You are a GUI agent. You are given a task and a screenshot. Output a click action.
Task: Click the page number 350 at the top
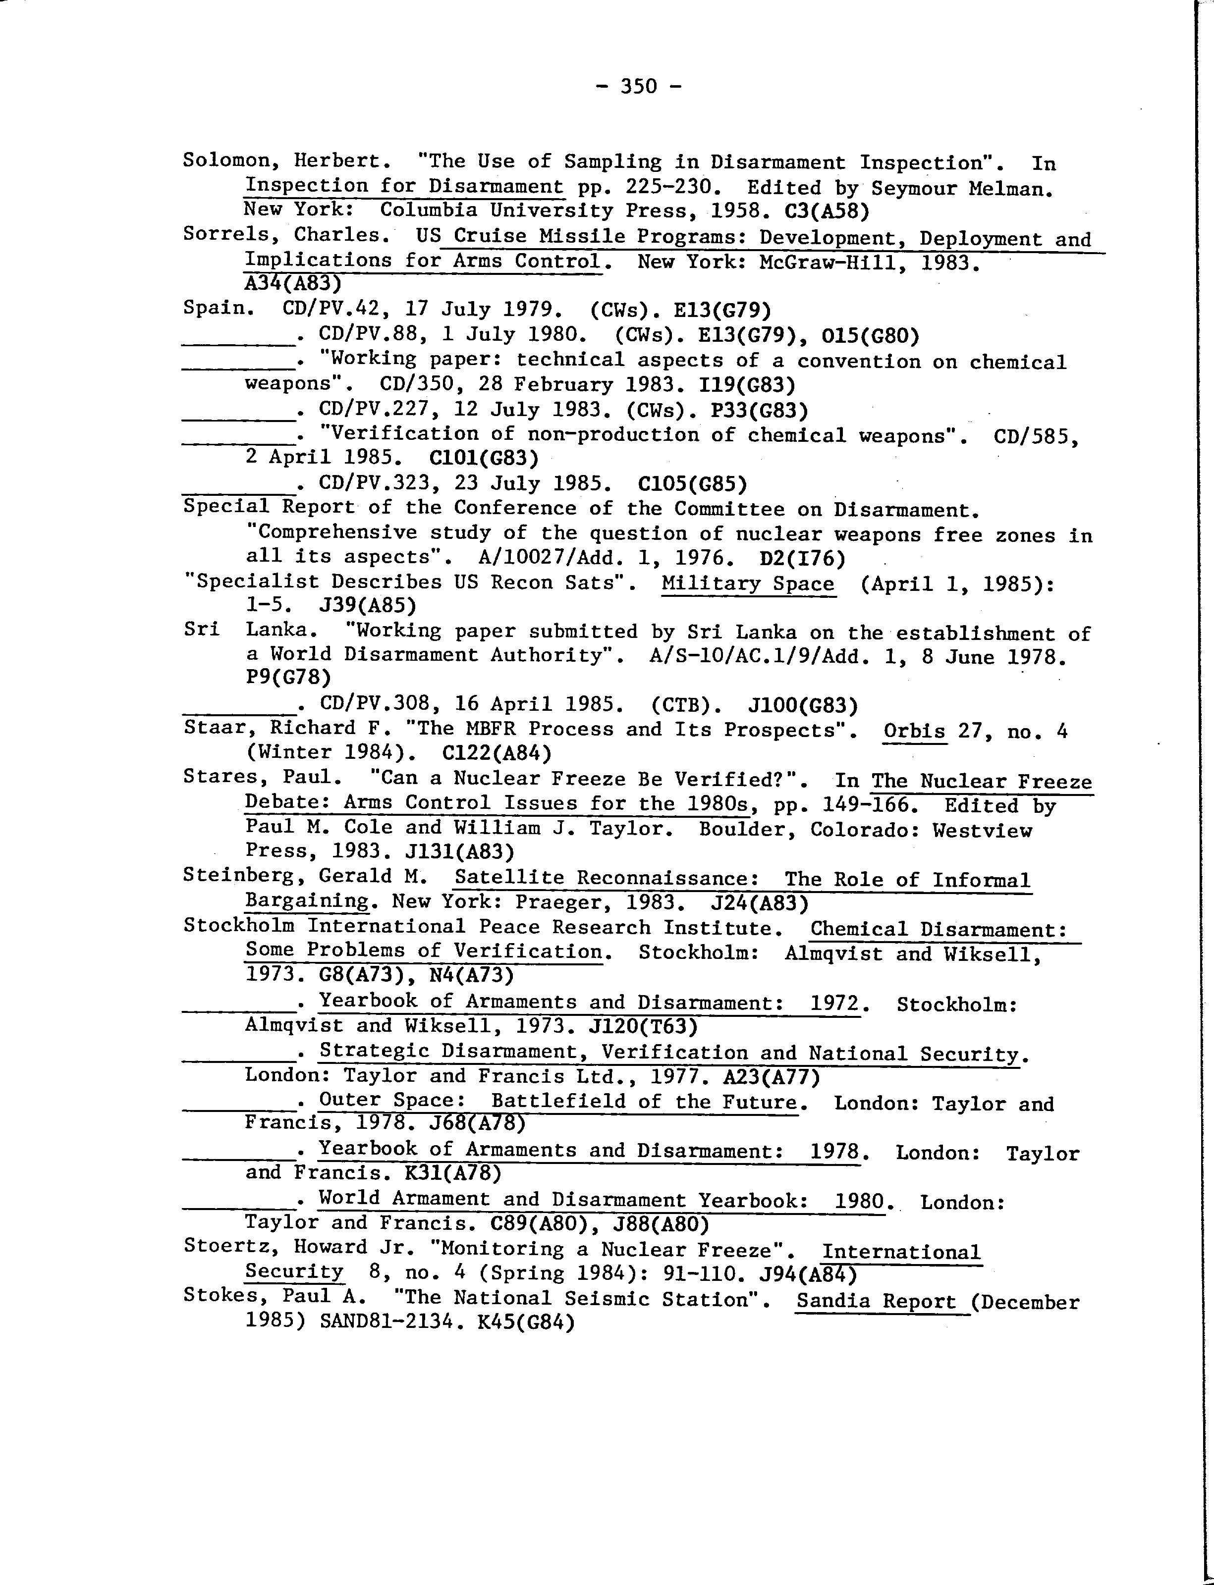point(639,87)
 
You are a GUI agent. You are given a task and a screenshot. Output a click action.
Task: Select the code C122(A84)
point(497,753)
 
